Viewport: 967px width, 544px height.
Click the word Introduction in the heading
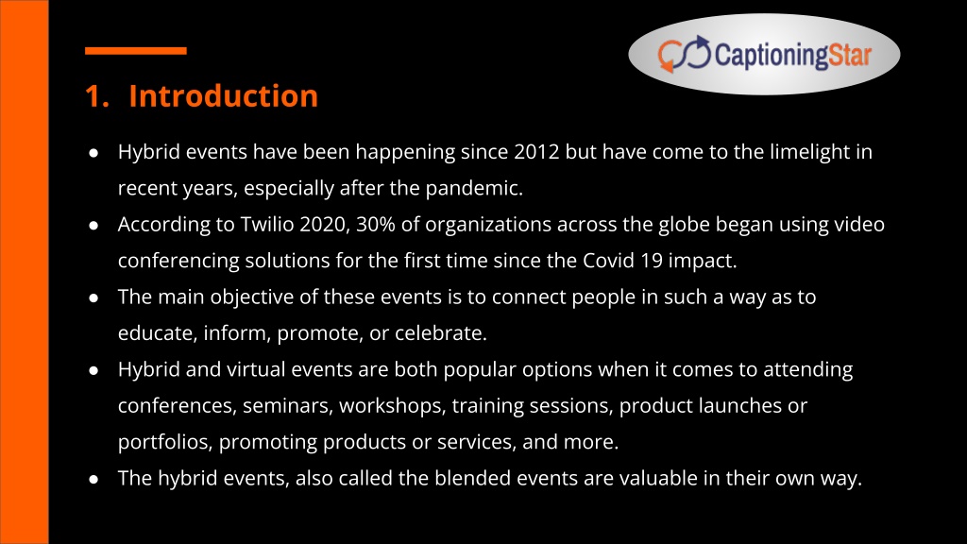pyautogui.click(x=223, y=96)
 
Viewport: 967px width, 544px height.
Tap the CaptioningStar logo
pyautogui.click(x=764, y=54)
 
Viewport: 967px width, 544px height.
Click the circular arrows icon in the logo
pyautogui.click(x=684, y=54)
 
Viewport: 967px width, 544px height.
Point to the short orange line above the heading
pyautogui.click(x=136, y=51)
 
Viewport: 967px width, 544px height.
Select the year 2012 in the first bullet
pyautogui.click(x=536, y=152)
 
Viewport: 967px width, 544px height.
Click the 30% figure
pyautogui.click(x=376, y=225)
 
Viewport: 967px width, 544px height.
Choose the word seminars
pyautogui.click(x=288, y=406)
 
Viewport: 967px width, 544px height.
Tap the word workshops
pyautogui.click(x=392, y=406)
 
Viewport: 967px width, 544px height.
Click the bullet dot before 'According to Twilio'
pyautogui.click(x=93, y=226)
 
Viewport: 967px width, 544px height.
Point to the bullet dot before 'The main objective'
pyautogui.click(x=93, y=298)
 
